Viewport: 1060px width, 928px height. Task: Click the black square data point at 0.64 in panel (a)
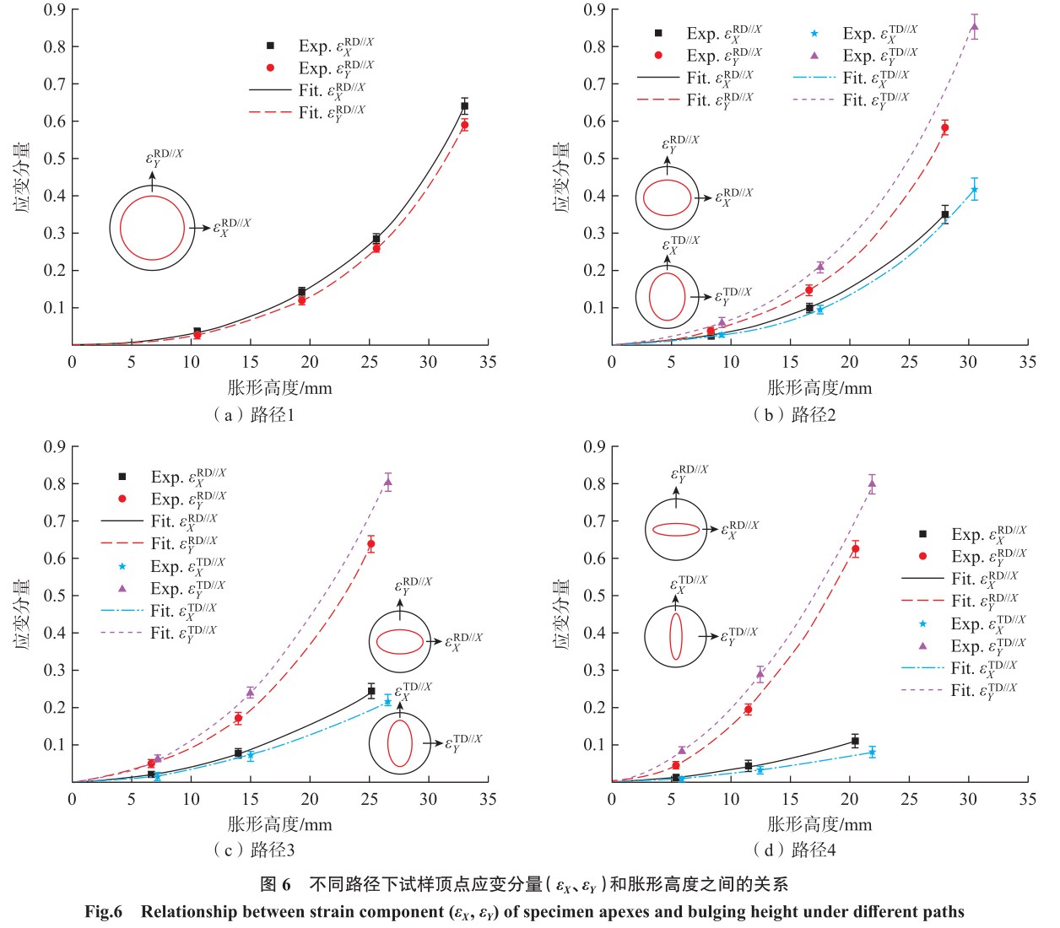tap(464, 106)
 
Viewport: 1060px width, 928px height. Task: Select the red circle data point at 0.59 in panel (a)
tap(464, 125)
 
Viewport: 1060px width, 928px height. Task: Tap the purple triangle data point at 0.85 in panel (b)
tap(975, 26)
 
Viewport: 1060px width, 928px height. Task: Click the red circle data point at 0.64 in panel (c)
tap(370, 544)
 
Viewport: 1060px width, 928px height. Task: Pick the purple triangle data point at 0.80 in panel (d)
tap(872, 483)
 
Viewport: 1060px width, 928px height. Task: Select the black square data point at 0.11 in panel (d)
tap(855, 741)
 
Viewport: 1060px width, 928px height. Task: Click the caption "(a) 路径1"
tap(253, 414)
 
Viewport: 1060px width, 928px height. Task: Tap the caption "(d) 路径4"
tap(793, 850)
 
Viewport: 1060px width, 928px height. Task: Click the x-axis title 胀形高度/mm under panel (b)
tap(819, 388)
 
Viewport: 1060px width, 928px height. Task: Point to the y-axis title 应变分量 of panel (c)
tap(23, 614)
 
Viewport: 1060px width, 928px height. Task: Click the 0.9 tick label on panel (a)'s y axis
tap(55, 10)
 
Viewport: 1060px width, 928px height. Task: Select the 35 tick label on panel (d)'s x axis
tap(1027, 799)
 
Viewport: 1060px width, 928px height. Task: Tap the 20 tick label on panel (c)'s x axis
tap(310, 799)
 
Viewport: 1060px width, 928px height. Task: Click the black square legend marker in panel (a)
tap(271, 46)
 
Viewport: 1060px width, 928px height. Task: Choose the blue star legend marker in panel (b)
tap(814, 34)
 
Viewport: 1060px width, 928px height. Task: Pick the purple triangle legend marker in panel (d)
tap(922, 646)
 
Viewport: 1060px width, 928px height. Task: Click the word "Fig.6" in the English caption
tap(104, 912)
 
